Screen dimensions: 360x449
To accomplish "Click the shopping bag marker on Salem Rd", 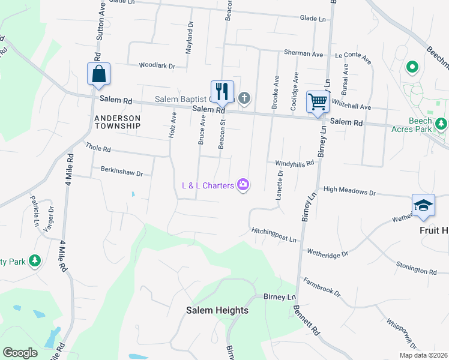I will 98,75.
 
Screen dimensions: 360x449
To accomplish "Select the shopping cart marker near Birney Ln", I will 318,101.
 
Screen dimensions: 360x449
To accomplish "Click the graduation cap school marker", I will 423,205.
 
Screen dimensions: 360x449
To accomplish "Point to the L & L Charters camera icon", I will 243,185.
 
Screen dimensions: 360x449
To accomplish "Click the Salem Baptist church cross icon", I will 244,98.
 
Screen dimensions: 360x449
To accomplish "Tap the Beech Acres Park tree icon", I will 441,124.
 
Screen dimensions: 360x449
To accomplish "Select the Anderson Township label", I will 117,122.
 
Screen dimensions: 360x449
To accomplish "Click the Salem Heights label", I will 217,310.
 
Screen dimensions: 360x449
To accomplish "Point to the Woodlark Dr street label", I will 156,66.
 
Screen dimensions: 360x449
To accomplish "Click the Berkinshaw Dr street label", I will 122,173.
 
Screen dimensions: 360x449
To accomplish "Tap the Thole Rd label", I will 98,147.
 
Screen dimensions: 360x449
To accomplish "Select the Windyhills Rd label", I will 295,163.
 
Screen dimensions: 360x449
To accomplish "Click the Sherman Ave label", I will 307,54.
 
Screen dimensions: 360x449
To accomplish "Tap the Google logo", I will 20,353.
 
